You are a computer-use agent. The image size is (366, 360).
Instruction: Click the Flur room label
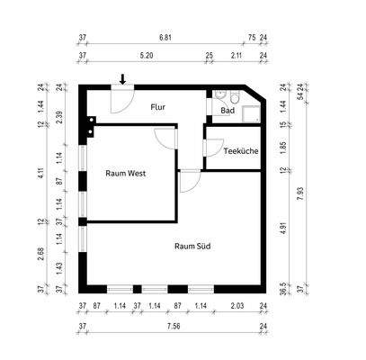159,106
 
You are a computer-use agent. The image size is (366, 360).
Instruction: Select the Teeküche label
240,151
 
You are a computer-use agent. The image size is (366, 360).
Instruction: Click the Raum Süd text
192,245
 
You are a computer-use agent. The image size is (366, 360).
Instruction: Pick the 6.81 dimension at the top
165,39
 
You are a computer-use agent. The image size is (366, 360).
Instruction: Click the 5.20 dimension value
147,55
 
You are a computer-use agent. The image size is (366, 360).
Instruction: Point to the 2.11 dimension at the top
236,55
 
